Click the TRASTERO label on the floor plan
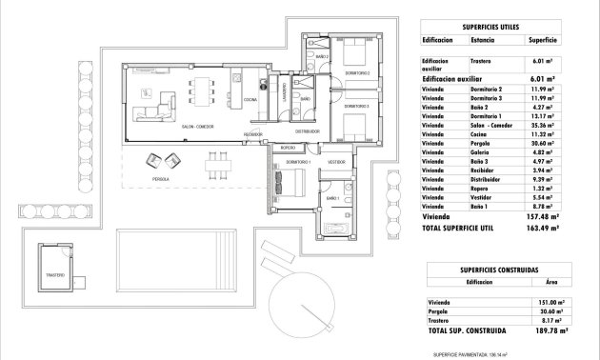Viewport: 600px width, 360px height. (53, 275)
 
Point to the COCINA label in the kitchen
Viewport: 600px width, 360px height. (249, 99)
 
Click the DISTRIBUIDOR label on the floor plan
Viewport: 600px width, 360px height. (305, 131)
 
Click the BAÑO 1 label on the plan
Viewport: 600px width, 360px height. (330, 197)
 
